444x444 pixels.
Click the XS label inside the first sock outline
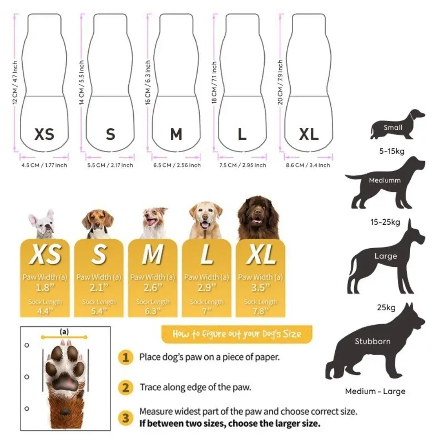tap(44, 134)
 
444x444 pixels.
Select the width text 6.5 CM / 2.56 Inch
tap(176, 165)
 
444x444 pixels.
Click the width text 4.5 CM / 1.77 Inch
tap(44, 165)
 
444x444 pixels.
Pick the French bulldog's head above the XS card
tap(42, 224)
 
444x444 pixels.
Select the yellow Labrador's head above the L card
tap(205, 218)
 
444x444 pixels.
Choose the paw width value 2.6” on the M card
tap(153, 288)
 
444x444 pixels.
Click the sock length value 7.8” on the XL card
tap(261, 311)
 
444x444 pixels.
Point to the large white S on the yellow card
tap(99, 255)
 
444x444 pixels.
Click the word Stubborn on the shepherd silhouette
tap(373, 341)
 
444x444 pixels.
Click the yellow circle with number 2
tap(126, 387)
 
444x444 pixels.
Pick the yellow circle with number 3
tap(126, 417)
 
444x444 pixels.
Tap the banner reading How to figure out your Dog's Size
tap(237, 334)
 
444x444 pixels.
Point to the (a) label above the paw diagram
tap(64, 331)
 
